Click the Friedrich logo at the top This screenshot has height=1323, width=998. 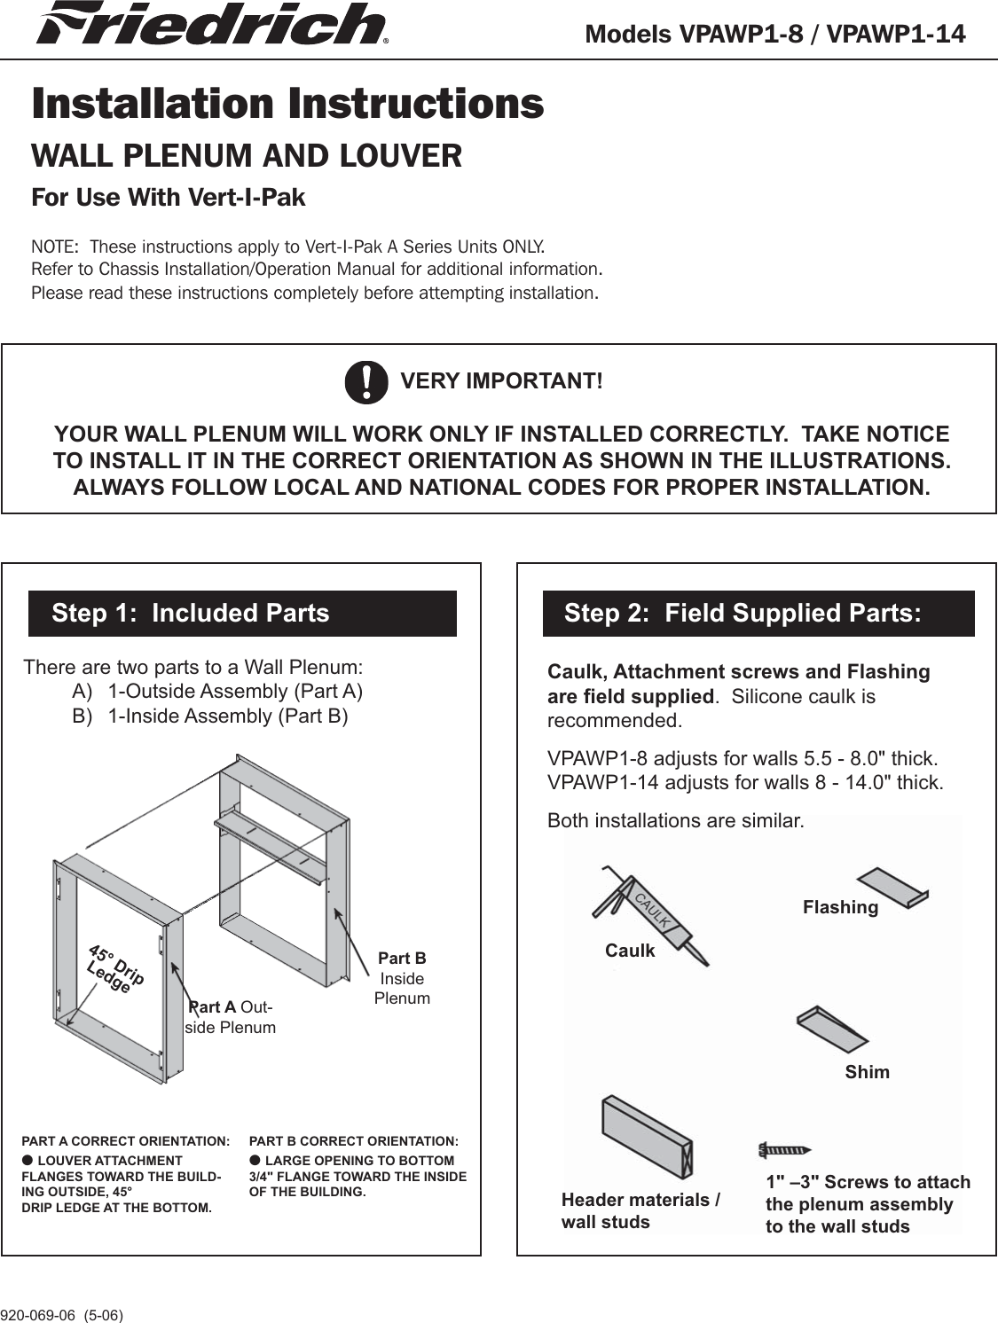(x=211, y=24)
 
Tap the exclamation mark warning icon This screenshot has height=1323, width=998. (x=366, y=382)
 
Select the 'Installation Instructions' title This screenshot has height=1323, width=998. (x=287, y=103)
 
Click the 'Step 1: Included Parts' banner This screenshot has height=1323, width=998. (x=242, y=613)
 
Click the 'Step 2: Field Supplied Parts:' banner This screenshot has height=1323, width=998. (x=758, y=613)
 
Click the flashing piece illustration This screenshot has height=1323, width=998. (x=893, y=888)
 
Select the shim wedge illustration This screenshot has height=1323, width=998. (x=831, y=1029)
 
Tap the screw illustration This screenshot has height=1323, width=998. (x=784, y=1150)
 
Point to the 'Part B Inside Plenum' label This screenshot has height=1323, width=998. (x=402, y=978)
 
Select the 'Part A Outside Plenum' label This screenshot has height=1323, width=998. (x=231, y=1017)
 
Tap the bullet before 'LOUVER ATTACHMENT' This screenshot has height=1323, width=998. (x=28, y=1160)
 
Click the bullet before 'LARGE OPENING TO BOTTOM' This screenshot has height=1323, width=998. (x=255, y=1160)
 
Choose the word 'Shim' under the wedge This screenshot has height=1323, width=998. (x=867, y=1072)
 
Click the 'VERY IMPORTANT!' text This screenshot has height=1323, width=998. (x=501, y=381)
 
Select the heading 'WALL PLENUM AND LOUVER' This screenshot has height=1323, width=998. (x=247, y=156)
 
